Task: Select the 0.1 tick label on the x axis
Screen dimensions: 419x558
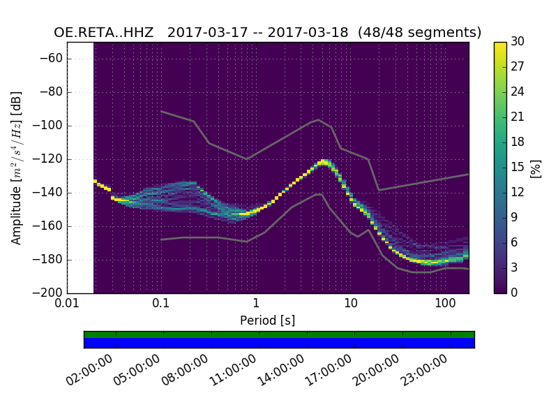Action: pyautogui.click(x=161, y=304)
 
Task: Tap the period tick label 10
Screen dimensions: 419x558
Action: pyautogui.click(x=351, y=304)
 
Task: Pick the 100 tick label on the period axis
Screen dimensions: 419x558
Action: pyautogui.click(x=445, y=304)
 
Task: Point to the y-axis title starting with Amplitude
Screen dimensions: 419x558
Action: pyautogui.click(x=17, y=168)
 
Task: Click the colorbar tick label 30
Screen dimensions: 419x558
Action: pyautogui.click(x=518, y=42)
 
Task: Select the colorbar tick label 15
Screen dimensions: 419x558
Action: pyautogui.click(x=518, y=167)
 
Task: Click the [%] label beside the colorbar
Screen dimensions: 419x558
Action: pyautogui.click(x=536, y=168)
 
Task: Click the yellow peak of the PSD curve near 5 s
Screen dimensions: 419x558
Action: pyautogui.click(x=324, y=162)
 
